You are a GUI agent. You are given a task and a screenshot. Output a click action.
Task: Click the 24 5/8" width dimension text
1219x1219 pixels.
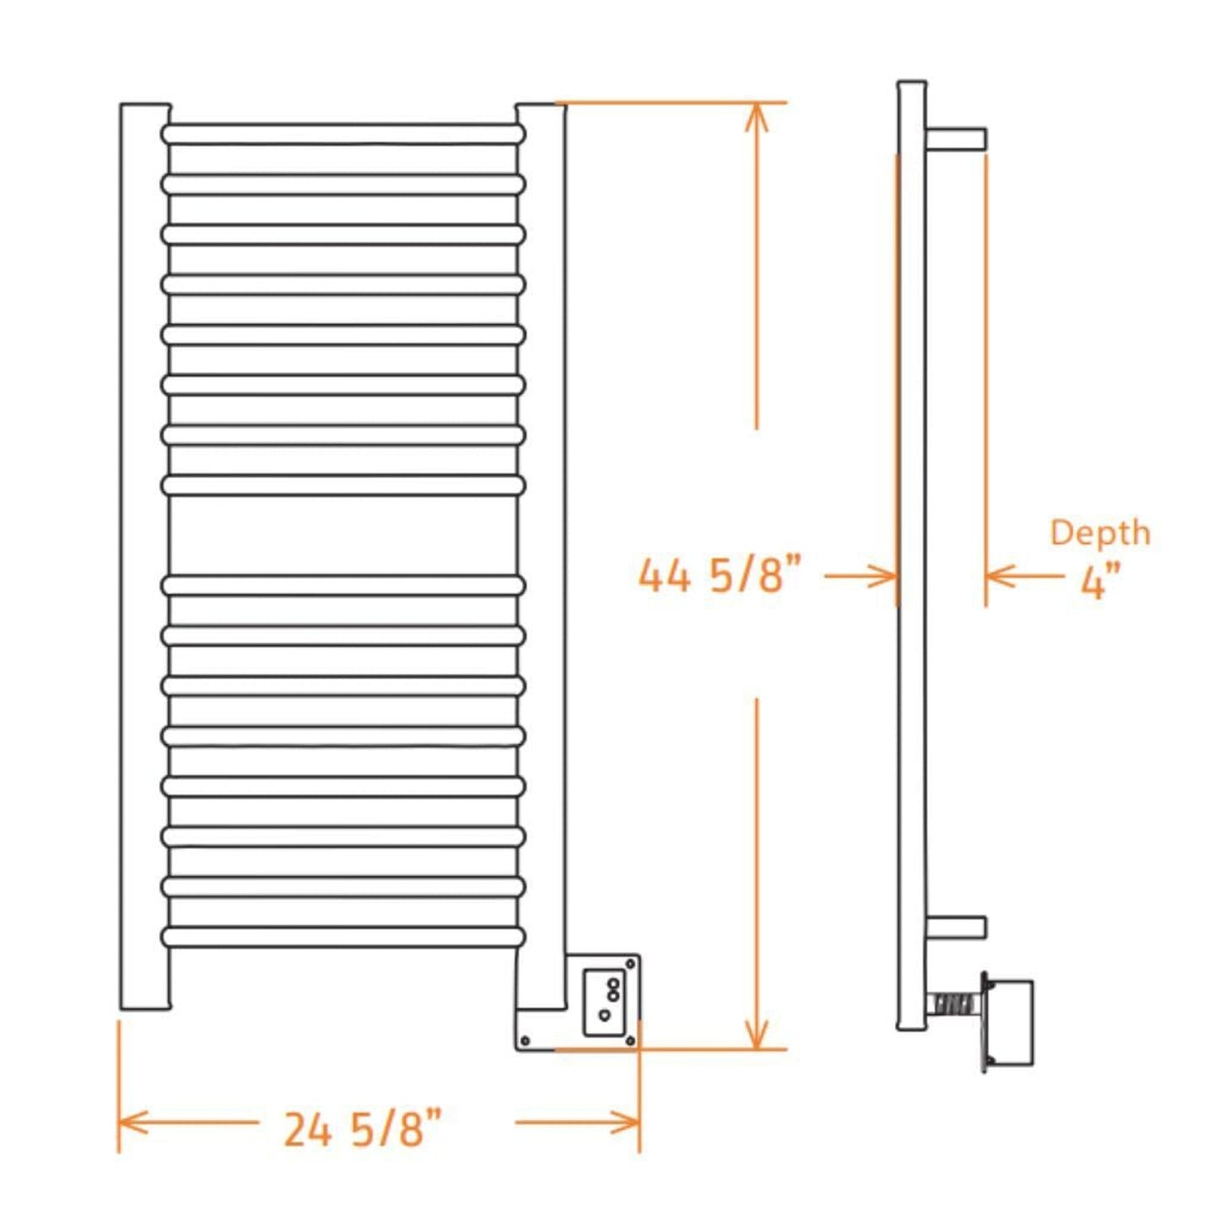(362, 1129)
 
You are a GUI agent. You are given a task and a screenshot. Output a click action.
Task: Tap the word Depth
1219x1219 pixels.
(1099, 533)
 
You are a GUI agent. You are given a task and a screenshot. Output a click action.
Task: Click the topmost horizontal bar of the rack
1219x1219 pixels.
(343, 134)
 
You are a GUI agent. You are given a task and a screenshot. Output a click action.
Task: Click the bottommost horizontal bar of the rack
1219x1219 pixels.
(343, 936)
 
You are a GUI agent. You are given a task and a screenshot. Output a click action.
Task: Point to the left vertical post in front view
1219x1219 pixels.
(145, 557)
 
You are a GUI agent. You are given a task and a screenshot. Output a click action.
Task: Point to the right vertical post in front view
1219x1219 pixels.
(541, 557)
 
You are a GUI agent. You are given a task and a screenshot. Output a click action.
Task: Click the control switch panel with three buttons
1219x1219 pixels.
(604, 1002)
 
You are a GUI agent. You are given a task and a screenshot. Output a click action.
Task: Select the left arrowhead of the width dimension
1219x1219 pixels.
(132, 1122)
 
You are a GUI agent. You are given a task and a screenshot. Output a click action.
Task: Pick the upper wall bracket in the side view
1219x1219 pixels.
(956, 139)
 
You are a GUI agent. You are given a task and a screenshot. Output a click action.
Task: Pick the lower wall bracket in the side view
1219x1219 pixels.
(956, 926)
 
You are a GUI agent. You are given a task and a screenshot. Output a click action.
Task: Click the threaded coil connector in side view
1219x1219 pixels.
(953, 1004)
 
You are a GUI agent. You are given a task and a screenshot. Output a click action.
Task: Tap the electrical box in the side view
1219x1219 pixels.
(1011, 1021)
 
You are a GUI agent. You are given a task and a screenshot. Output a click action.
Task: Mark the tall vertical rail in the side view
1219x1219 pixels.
(912, 557)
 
